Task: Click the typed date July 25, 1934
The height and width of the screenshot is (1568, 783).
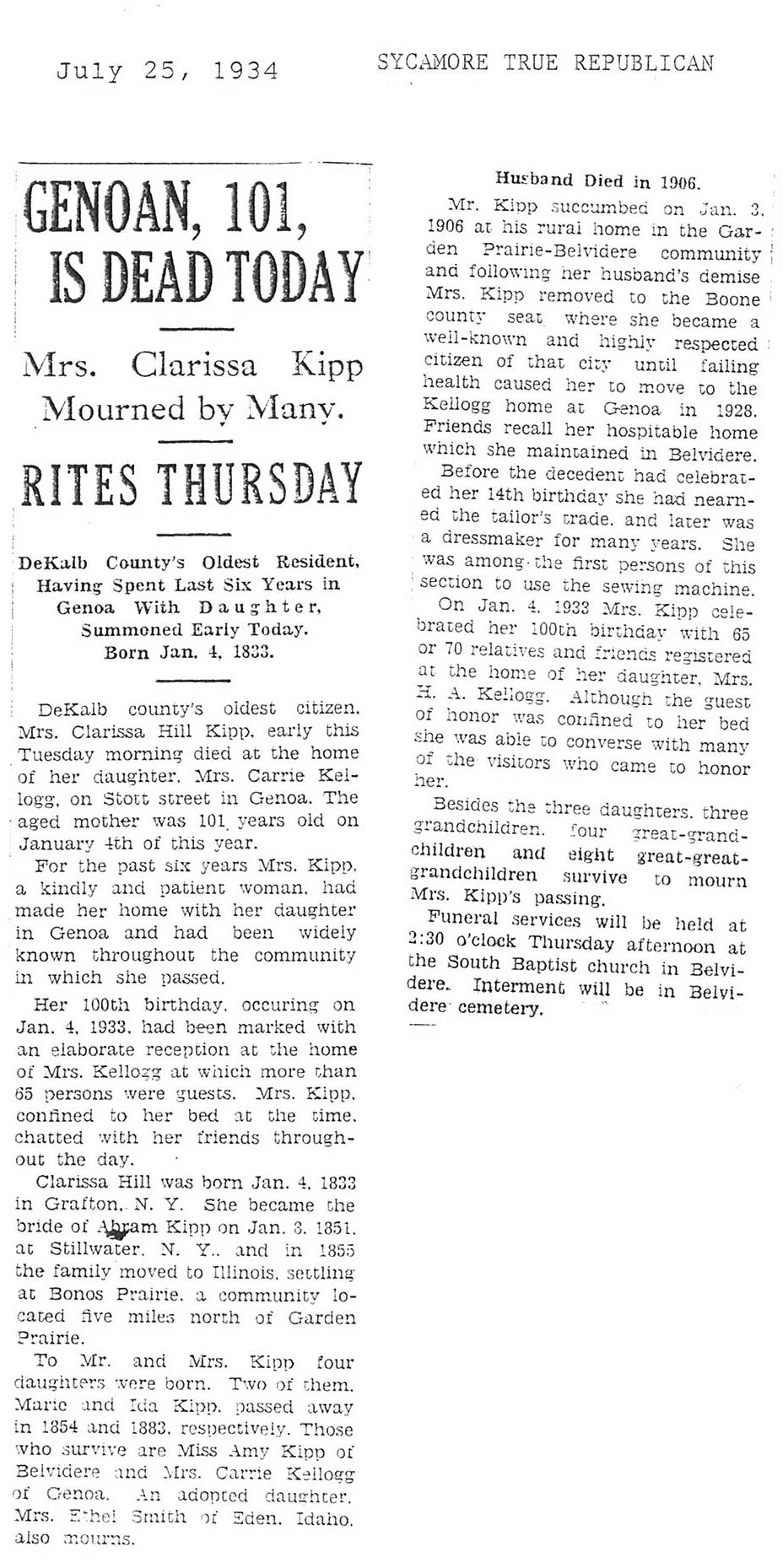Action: pos(167,71)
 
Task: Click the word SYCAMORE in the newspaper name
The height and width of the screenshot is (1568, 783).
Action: pos(432,63)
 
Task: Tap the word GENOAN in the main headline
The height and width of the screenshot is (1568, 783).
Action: pos(106,207)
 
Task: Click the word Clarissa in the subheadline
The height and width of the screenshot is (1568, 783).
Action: pos(194,365)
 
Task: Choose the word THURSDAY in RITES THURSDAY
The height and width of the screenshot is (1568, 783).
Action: pos(262,484)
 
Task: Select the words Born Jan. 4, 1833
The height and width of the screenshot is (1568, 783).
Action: pos(189,652)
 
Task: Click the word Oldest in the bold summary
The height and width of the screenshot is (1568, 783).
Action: pos(232,563)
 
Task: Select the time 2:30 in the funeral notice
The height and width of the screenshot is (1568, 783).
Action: pos(425,939)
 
